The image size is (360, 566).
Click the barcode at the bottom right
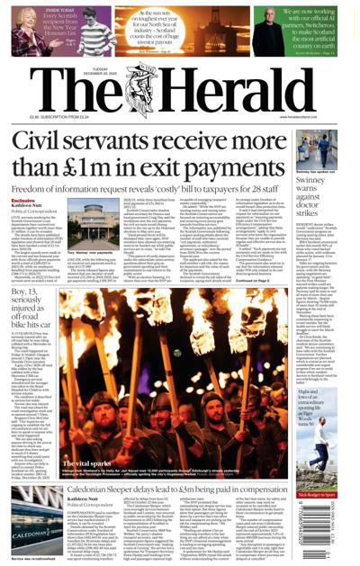[x=333, y=540]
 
